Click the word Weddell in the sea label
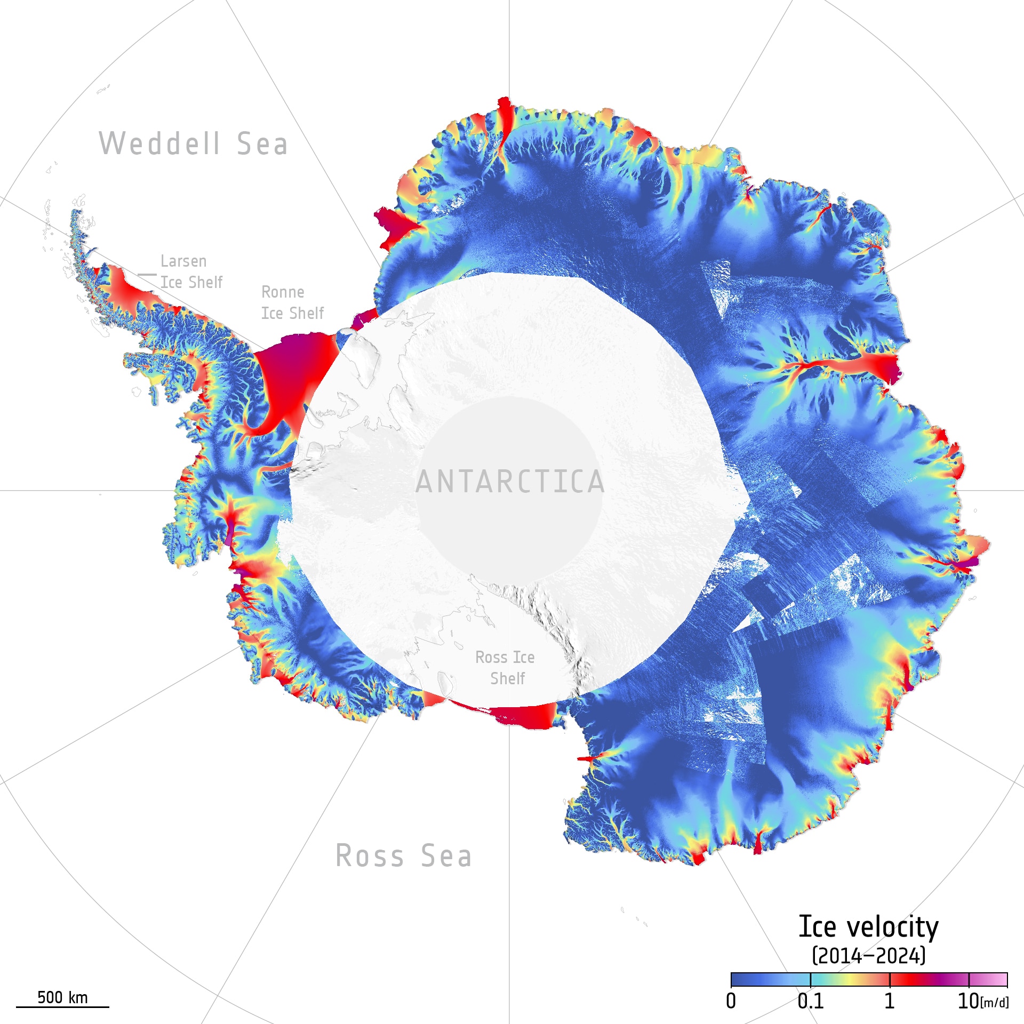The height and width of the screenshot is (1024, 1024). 159,144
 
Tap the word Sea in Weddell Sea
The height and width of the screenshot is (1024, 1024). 262,144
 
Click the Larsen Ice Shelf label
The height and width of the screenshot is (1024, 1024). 191,271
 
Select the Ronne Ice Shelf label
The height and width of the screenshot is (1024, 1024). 292,302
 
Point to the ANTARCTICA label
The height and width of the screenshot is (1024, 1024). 510,482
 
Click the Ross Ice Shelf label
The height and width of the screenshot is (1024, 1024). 505,668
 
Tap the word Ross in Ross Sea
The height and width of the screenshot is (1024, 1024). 370,856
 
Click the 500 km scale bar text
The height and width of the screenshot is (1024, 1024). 62,997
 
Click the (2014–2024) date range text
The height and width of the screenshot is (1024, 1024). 868,955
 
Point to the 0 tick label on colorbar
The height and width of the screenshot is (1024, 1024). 731,1001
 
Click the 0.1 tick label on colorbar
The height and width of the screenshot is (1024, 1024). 810,1001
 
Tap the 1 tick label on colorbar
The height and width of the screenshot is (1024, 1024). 889,1001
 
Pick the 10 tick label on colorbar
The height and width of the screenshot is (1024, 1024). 969,1001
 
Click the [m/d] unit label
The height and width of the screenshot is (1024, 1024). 995,1003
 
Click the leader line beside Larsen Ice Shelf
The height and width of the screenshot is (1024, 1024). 147,275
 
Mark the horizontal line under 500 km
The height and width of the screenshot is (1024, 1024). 62,1007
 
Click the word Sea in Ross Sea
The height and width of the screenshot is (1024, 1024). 446,856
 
